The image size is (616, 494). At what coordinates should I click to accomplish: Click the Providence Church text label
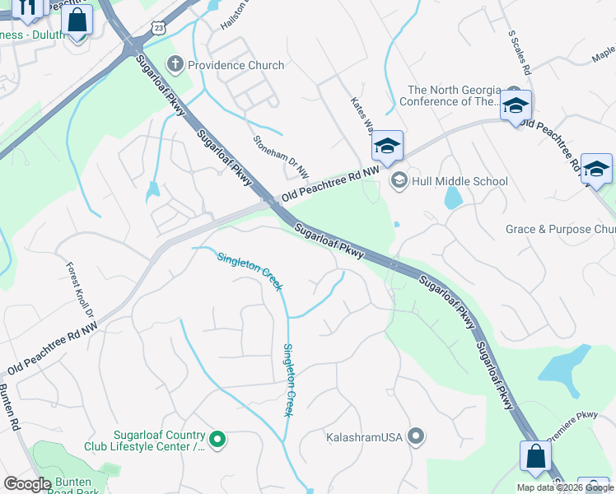(236, 65)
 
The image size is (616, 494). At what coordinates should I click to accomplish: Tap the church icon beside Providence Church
(175, 64)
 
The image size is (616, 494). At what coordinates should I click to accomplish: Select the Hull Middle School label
(460, 181)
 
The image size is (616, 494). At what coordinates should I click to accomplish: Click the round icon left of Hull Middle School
(399, 180)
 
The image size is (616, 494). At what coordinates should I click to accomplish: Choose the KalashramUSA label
(364, 436)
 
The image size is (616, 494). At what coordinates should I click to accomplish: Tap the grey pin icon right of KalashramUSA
(416, 436)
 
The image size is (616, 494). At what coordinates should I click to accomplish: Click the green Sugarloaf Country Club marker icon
(217, 440)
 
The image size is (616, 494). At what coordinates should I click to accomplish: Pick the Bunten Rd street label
(9, 408)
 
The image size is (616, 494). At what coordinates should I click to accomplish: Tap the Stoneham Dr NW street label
(281, 156)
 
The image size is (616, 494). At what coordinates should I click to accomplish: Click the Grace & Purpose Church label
(560, 230)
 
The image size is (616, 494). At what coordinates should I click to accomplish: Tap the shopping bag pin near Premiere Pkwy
(535, 457)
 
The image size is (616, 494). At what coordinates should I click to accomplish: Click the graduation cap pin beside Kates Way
(387, 147)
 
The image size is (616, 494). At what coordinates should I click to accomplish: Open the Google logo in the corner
(26, 484)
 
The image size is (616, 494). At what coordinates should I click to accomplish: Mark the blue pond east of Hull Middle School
(453, 198)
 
